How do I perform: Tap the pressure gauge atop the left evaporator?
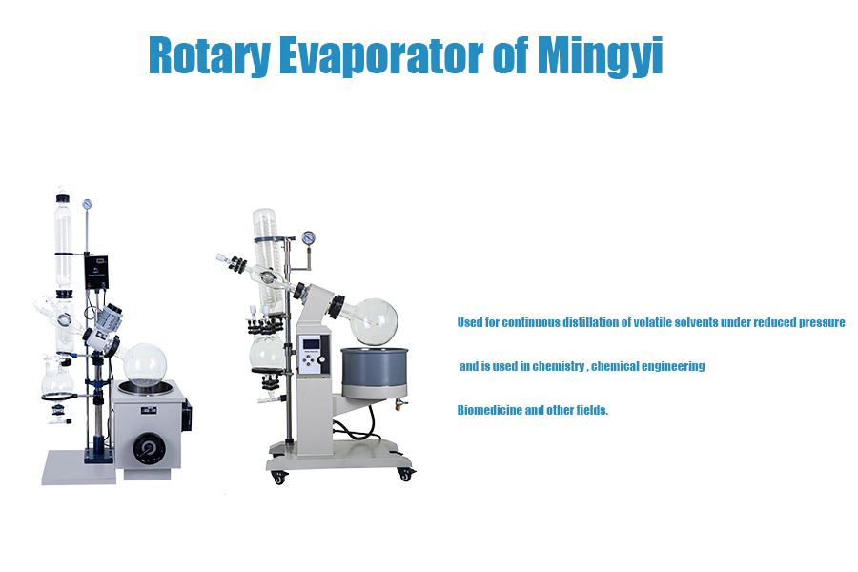click(88, 203)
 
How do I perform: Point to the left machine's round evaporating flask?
click(145, 364)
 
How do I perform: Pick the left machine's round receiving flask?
click(57, 382)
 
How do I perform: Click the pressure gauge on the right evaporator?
click(308, 238)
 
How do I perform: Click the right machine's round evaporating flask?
click(373, 321)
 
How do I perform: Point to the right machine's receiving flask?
click(266, 354)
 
